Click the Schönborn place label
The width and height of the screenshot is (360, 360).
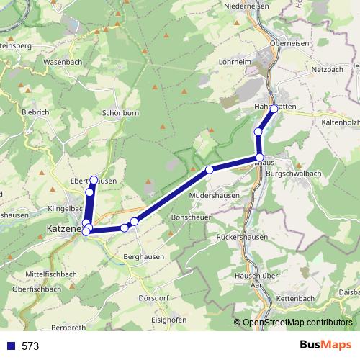120,114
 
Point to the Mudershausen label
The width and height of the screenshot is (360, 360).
213,195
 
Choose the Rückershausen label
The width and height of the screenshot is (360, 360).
243,237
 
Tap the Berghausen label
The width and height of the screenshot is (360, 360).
144,256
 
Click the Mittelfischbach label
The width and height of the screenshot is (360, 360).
51,274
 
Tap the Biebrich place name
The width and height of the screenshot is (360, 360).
35,112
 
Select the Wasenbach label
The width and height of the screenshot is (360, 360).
63,62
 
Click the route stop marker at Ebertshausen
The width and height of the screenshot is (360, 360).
94,179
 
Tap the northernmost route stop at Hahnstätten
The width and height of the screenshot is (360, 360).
274,109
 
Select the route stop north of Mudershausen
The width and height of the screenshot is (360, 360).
210,170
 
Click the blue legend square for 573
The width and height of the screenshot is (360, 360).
9,346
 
